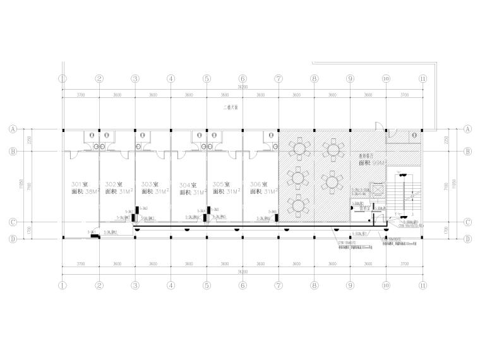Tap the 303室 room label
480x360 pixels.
click(x=150, y=183)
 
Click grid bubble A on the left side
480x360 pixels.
click(x=12, y=128)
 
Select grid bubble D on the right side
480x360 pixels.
click(x=469, y=239)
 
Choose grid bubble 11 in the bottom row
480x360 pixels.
click(x=422, y=285)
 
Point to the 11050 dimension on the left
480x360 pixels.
click(x=21, y=184)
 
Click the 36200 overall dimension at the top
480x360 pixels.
click(x=242, y=87)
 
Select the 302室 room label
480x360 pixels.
click(x=114, y=183)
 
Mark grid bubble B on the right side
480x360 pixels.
click(x=469, y=152)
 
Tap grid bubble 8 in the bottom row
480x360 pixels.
click(x=314, y=285)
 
